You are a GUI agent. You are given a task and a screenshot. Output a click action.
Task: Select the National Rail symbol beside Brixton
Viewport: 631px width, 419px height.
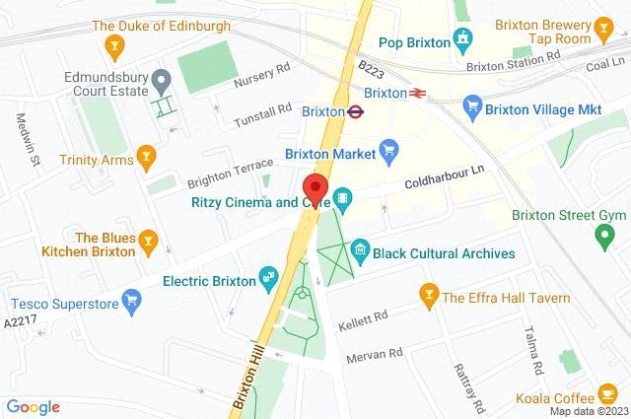pyautogui.click(x=419, y=93)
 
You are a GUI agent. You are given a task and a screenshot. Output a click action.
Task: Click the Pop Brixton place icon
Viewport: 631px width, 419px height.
pyautogui.click(x=461, y=39)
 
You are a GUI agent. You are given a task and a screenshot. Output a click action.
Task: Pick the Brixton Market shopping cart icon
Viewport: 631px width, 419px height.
pyautogui.click(x=388, y=152)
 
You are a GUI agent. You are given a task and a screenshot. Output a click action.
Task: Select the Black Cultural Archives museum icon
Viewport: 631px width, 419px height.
pyautogui.click(x=360, y=252)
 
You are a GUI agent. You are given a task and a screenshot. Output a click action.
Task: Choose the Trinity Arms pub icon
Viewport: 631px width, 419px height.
pyautogui.click(x=147, y=155)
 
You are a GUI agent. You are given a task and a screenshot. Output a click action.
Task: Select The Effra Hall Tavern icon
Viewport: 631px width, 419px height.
pyautogui.click(x=429, y=294)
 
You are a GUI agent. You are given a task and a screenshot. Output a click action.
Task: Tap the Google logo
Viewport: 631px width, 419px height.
pyautogui.click(x=33, y=406)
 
